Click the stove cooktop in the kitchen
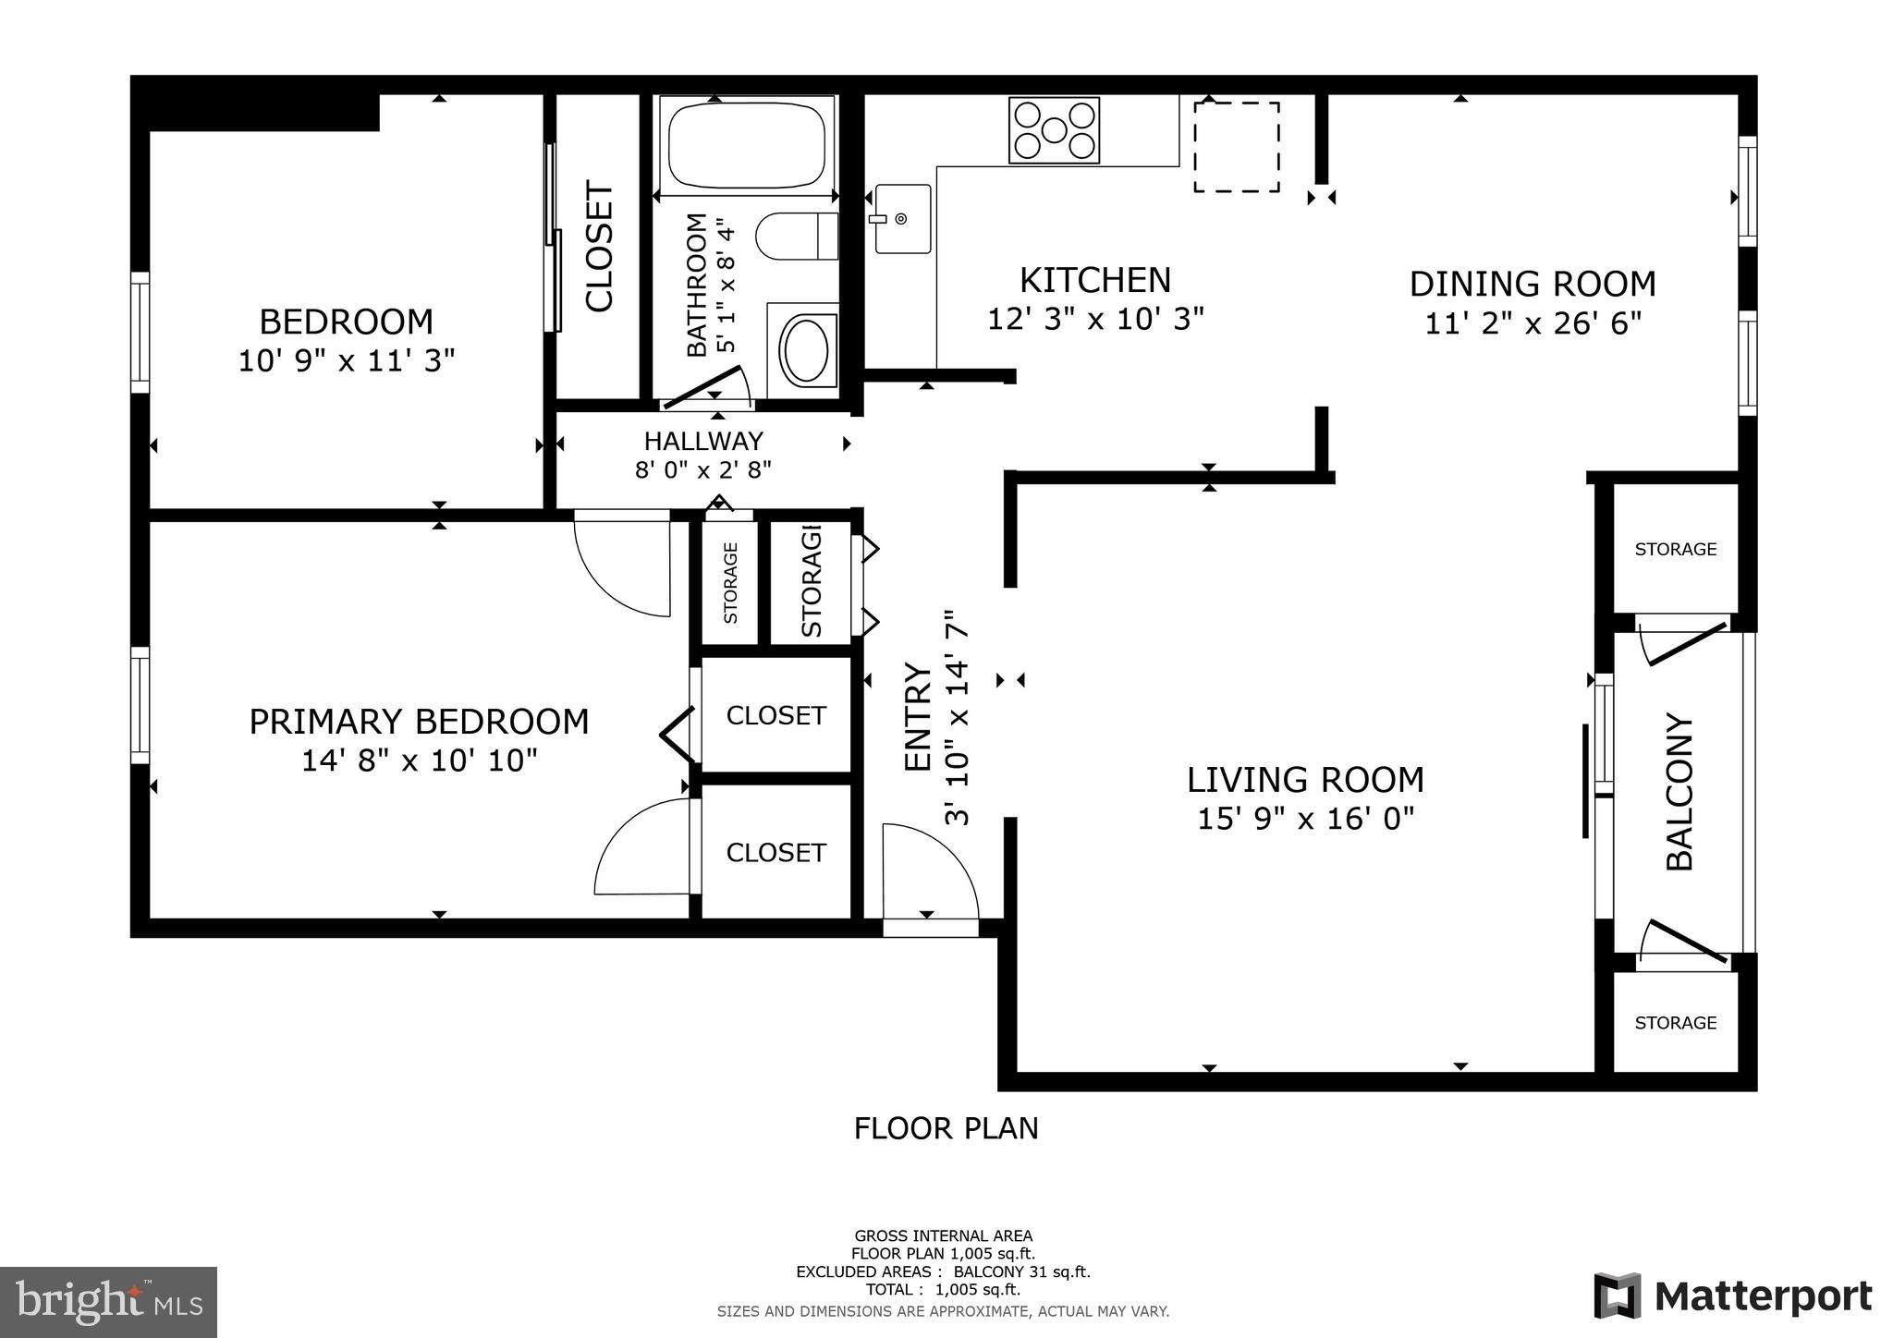click(1054, 130)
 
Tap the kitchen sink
click(902, 219)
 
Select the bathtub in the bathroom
click(746, 145)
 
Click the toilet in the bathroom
click(796, 237)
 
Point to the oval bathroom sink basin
click(809, 350)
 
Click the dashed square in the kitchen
click(1236, 147)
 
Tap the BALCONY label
click(1679, 792)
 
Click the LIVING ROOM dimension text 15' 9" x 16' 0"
click(1305, 819)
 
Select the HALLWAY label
click(703, 441)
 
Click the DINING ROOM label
click(1532, 284)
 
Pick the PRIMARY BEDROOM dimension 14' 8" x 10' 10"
click(419, 760)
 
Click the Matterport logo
click(1732, 1295)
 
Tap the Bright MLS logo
click(108, 1302)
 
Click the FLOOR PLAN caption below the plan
click(946, 1128)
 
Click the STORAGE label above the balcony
click(1675, 549)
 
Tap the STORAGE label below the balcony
click(1675, 1022)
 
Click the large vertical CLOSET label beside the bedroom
click(599, 247)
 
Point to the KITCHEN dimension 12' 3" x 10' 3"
click(1095, 319)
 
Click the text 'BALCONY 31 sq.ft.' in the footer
click(1021, 1271)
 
